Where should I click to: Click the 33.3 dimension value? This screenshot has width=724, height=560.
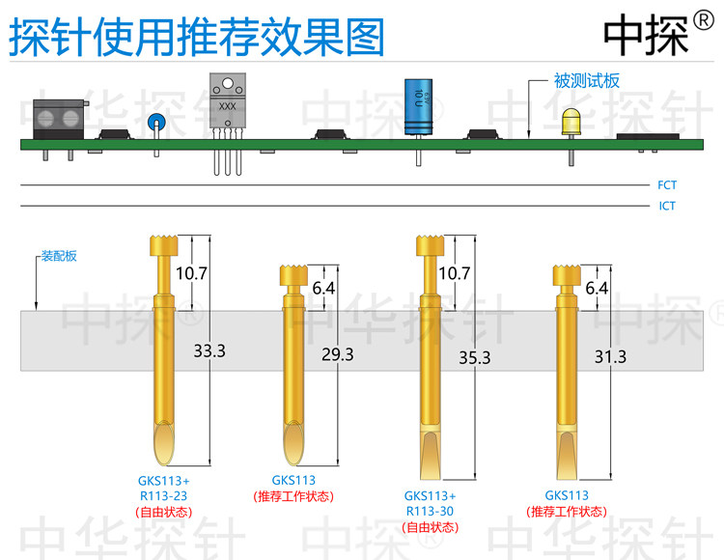pyautogui.click(x=209, y=350)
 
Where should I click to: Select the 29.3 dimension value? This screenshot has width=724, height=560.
pyautogui.click(x=338, y=354)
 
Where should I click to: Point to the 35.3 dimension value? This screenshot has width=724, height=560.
pyautogui.click(x=475, y=358)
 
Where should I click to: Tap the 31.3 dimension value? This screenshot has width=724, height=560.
pyautogui.click(x=610, y=356)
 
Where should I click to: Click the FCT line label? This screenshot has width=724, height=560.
pyautogui.click(x=667, y=185)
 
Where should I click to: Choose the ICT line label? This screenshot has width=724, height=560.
pyautogui.click(x=667, y=206)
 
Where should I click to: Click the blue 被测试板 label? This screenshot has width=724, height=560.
pyautogui.click(x=586, y=81)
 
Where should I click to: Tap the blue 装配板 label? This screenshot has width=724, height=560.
pyautogui.click(x=59, y=256)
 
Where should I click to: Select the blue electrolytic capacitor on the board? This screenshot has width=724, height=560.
pyautogui.click(x=419, y=106)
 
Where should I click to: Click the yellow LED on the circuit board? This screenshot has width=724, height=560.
pyautogui.click(x=571, y=122)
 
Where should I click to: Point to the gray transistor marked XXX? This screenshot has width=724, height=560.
pyautogui.click(x=228, y=100)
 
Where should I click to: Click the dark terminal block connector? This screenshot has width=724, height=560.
pyautogui.click(x=59, y=120)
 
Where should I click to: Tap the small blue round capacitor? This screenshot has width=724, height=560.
pyautogui.click(x=156, y=123)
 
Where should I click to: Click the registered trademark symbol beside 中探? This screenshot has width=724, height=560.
pyautogui.click(x=703, y=21)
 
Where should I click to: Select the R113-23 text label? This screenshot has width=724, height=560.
pyautogui.click(x=163, y=496)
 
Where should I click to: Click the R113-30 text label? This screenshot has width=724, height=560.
pyautogui.click(x=430, y=512)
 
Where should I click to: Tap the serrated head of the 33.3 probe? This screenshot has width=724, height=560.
pyautogui.click(x=164, y=245)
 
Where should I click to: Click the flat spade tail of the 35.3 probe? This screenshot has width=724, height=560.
pyautogui.click(x=431, y=456)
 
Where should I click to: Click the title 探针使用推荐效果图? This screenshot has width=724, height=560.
pyautogui.click(x=197, y=37)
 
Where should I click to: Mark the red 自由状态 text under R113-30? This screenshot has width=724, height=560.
pyautogui.click(x=430, y=527)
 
